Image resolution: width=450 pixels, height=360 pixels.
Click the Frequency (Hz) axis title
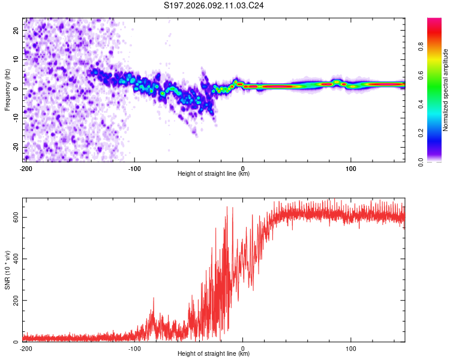coord(7,90)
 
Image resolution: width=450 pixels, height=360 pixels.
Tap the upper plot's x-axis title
coord(214,173)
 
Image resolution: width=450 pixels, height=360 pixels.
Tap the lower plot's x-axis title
coord(214,353)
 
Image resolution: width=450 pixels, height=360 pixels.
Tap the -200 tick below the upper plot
coord(25,167)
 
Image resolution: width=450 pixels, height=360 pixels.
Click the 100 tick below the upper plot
coord(351,167)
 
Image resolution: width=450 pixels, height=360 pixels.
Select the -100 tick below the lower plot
coord(134,347)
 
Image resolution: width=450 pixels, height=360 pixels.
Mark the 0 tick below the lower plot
coord(243,347)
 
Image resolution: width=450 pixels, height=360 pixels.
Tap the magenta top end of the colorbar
coord(434,20)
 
